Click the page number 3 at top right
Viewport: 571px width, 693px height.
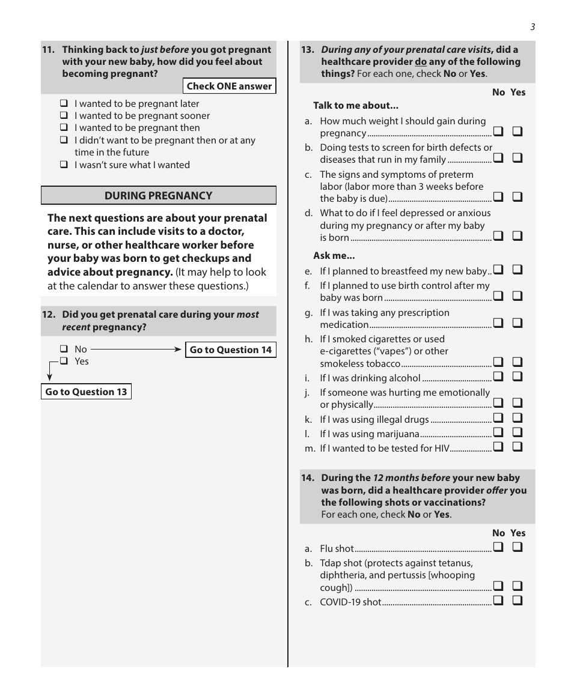[533, 26]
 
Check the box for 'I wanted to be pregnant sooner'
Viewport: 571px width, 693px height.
[64, 115]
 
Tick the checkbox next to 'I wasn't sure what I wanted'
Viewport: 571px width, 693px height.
[64, 165]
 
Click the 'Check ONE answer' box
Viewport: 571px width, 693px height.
[229, 86]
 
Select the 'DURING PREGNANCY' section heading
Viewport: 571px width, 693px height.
[158, 196]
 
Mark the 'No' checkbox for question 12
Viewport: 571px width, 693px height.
[64, 349]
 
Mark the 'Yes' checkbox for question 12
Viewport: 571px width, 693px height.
[64, 361]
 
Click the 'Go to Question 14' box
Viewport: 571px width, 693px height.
[231, 350]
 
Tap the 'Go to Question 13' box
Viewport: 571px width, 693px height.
[86, 392]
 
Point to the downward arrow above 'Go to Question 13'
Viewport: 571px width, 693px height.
[49, 375]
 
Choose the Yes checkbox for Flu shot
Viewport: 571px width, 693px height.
[518, 547]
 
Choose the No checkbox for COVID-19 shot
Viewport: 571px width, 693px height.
[498, 601]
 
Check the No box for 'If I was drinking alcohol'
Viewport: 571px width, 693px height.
[498, 377]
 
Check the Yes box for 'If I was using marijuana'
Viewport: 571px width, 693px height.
[518, 432]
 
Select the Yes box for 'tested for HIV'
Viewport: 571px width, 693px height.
[518, 447]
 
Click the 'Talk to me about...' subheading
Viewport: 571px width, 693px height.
[355, 106]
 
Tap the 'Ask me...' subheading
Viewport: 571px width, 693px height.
[334, 256]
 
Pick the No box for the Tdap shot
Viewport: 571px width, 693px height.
[498, 586]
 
